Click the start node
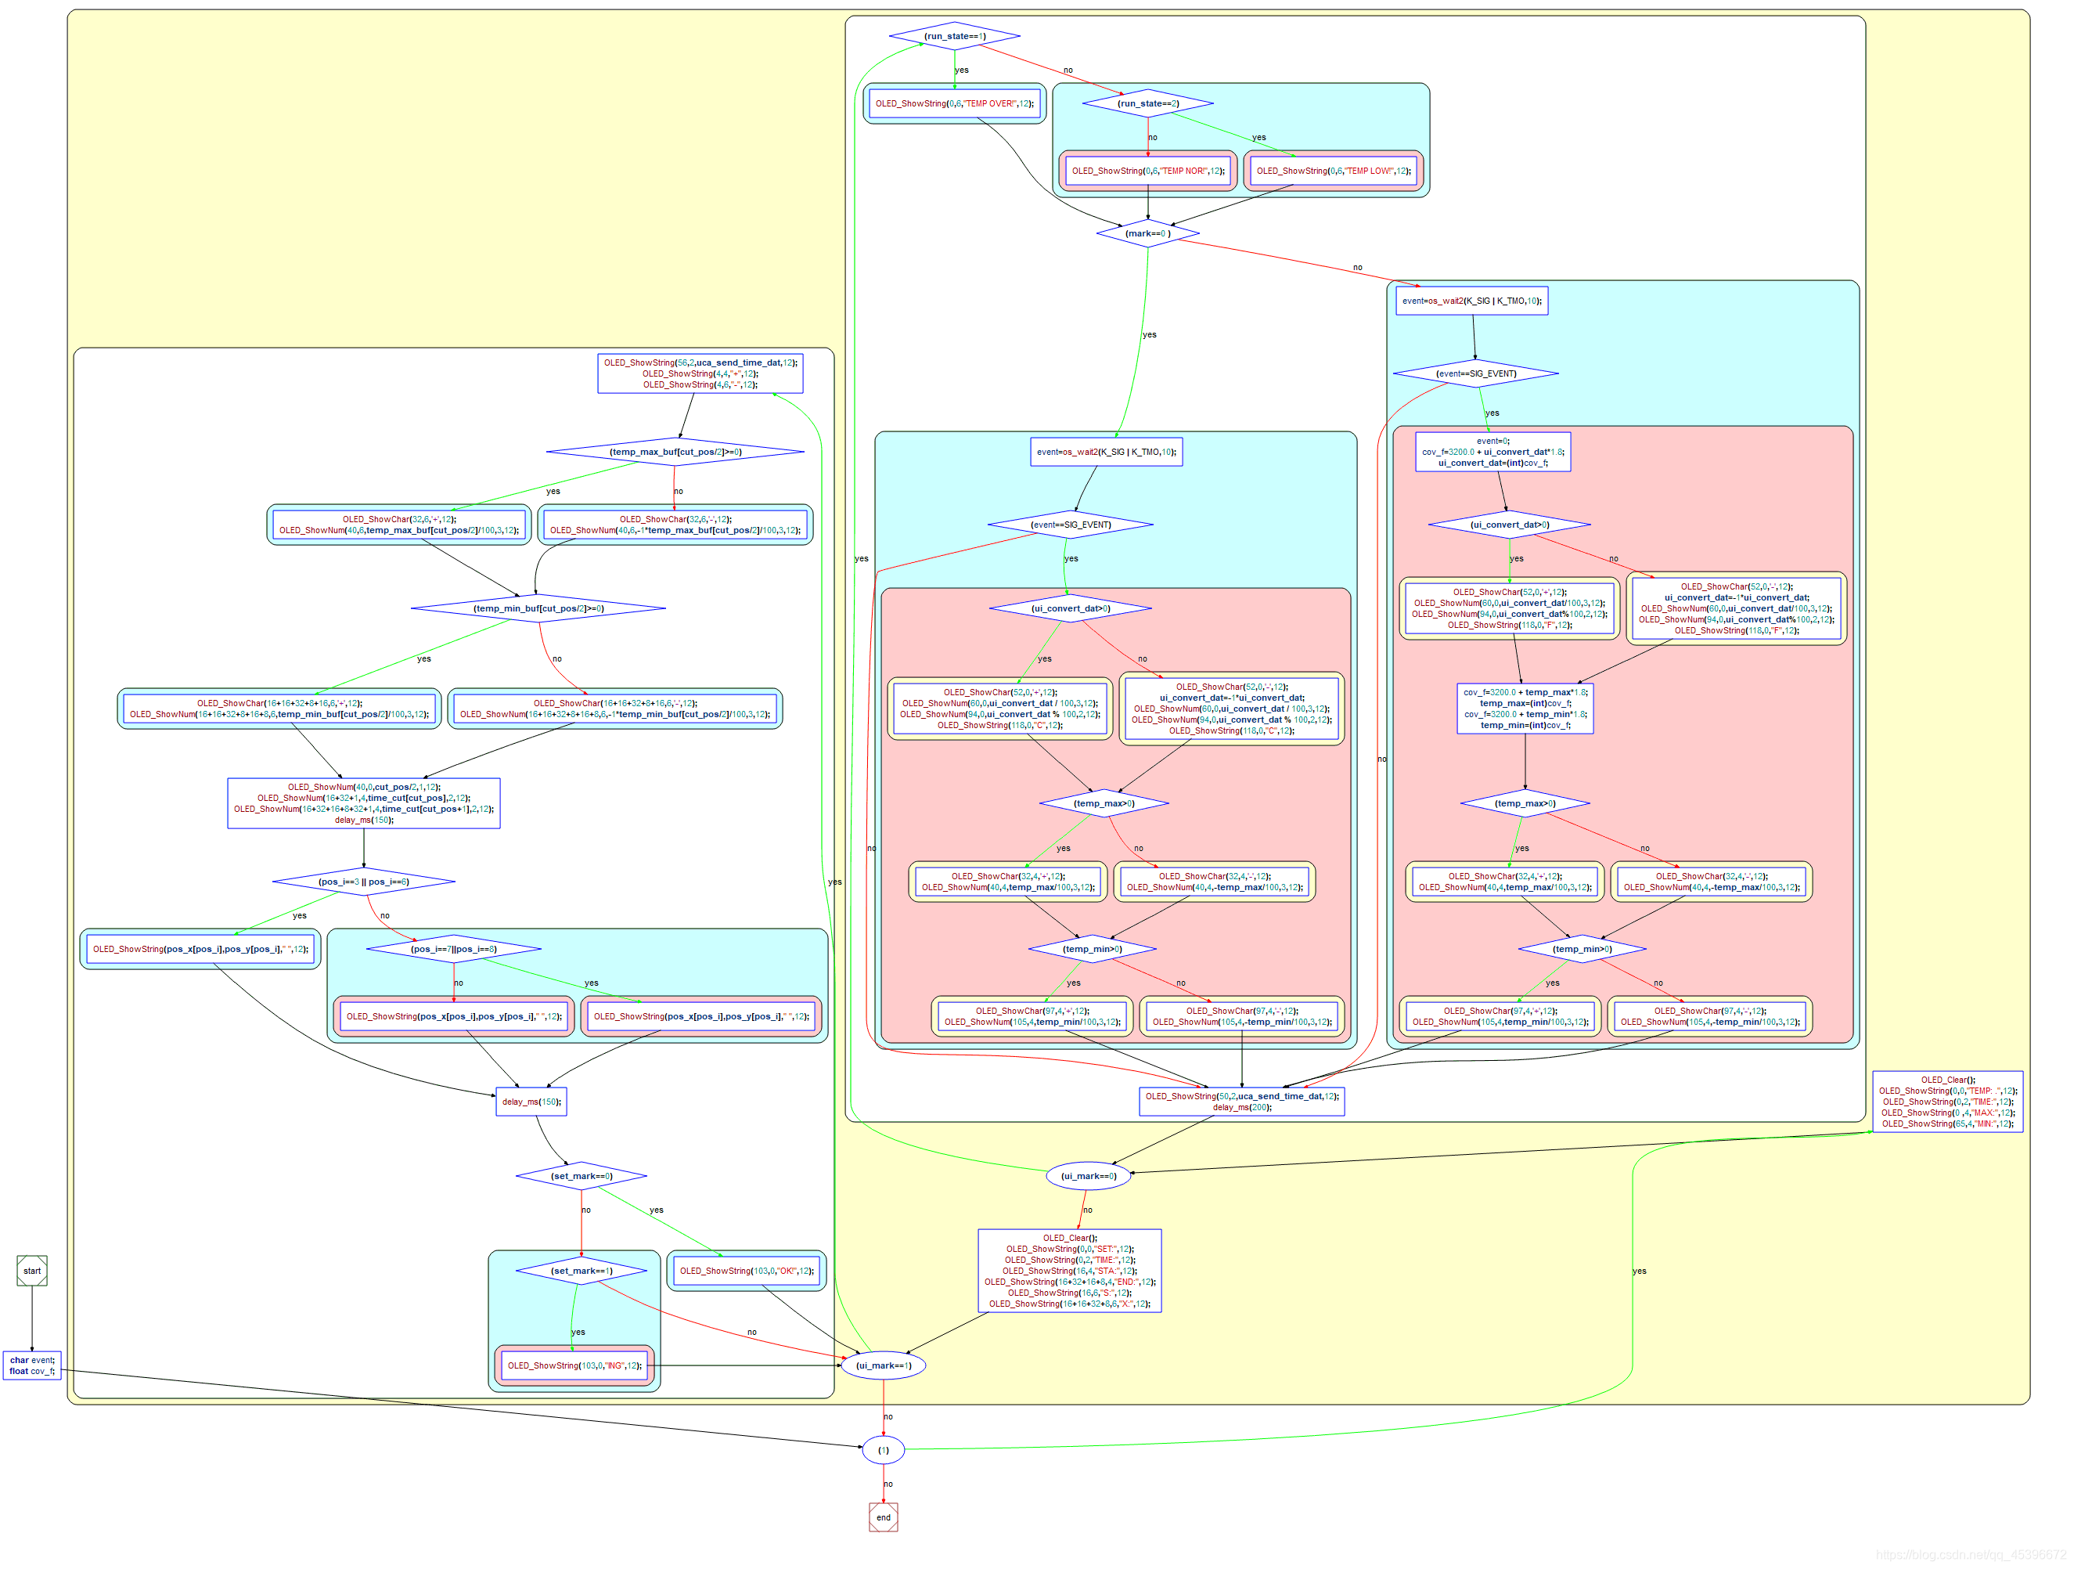(32, 1271)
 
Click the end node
(884, 1517)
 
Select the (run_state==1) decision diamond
(955, 37)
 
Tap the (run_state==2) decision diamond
(1147, 103)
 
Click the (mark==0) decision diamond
(1147, 233)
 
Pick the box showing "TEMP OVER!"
(955, 103)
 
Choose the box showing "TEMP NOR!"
(1147, 171)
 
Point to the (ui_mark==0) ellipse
(1088, 1176)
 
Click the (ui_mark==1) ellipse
(884, 1365)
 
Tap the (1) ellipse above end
(884, 1450)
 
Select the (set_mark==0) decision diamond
(582, 1176)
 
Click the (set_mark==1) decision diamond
(582, 1271)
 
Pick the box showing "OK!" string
(747, 1271)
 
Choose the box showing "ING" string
(574, 1365)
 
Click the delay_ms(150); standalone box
(531, 1101)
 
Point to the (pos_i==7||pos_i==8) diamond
(454, 949)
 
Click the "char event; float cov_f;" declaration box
(32, 1365)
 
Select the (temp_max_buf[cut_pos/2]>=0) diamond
(675, 452)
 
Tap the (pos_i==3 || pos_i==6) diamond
(364, 882)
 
